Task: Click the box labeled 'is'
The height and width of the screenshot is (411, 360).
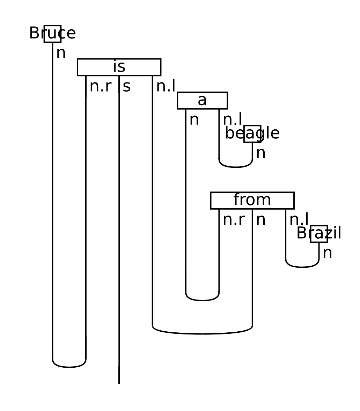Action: coord(119,67)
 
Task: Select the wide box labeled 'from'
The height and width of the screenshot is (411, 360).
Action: coord(252,200)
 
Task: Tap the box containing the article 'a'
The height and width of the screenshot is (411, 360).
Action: coord(202,101)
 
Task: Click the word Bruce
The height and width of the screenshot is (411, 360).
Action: coord(52,34)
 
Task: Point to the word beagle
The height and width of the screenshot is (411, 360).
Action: coord(252,134)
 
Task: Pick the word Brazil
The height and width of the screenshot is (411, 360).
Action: coord(319,233)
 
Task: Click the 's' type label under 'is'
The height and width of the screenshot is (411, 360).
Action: coord(126,87)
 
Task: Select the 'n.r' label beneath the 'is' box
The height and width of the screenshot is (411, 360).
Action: coord(101,87)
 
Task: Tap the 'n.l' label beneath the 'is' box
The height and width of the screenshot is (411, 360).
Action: coord(166,87)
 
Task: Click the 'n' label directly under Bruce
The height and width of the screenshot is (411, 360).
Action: coord(61,53)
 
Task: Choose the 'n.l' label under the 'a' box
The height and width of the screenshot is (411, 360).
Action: coord(232,120)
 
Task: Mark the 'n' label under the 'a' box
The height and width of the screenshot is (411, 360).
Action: coord(194,120)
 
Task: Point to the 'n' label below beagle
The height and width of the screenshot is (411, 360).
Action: coord(260,153)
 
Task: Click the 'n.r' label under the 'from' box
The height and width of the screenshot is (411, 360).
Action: coord(234,220)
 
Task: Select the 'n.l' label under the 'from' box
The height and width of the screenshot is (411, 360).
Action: coord(299,220)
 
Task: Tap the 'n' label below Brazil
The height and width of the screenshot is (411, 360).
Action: coord(327,253)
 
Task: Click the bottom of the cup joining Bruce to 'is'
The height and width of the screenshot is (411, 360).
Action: coord(69,367)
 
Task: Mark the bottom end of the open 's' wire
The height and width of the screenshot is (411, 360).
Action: coord(119,383)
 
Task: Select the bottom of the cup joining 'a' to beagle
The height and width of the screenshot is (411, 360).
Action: coord(236,167)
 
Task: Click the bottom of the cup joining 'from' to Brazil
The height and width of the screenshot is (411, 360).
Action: coord(302,267)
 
